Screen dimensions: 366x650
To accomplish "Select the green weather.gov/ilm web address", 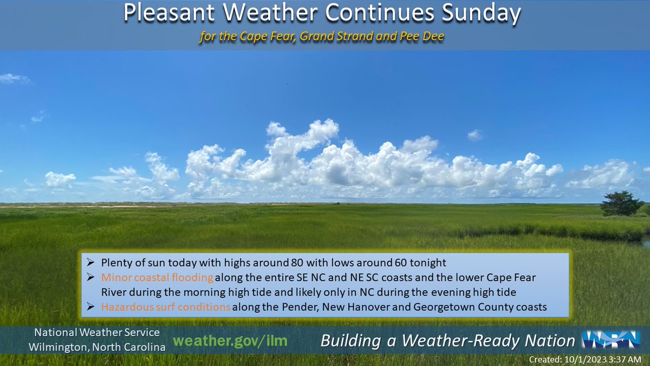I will coord(230,341).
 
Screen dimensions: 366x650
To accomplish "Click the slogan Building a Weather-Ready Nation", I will coord(447,341).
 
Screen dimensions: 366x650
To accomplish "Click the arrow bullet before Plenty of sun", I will coord(91,263).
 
